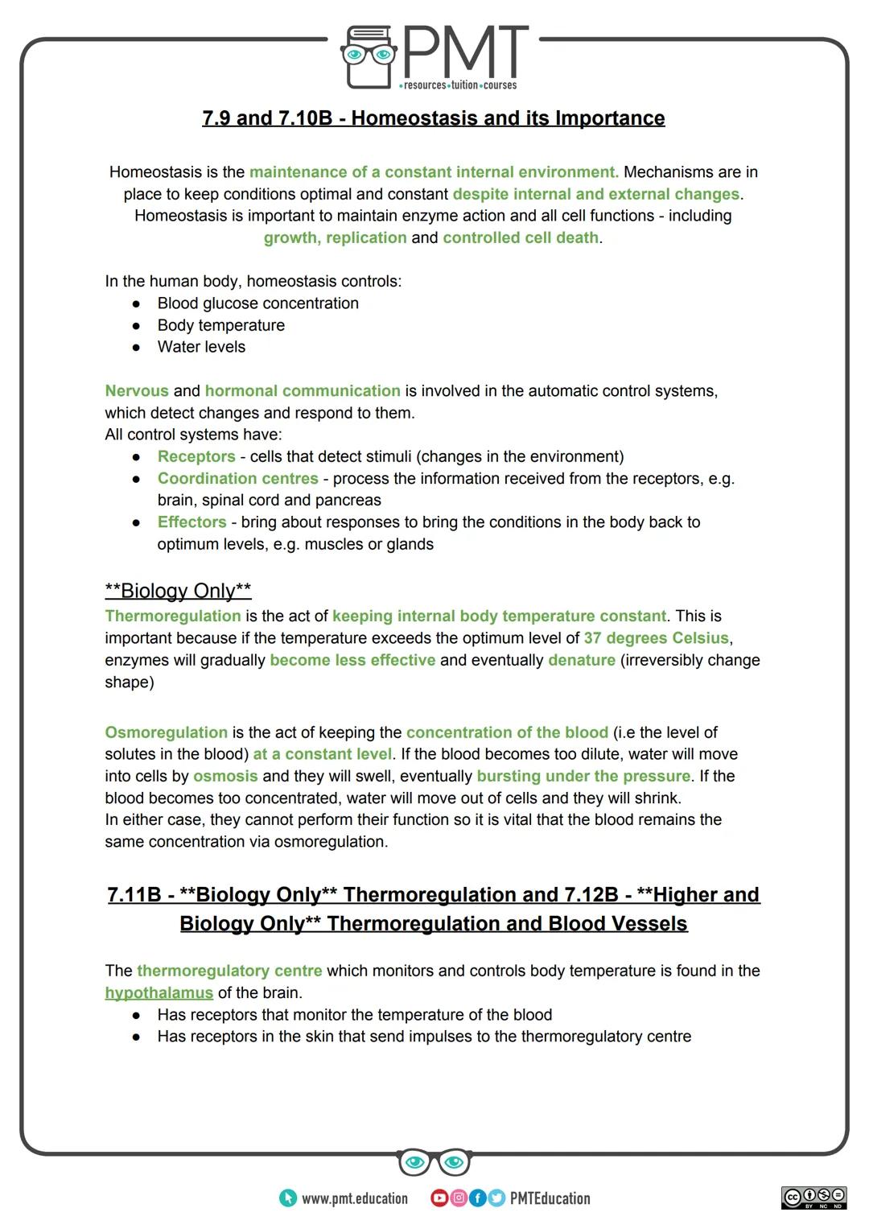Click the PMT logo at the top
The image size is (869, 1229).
pyautogui.click(x=434, y=56)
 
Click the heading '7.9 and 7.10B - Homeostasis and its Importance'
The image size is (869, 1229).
pyautogui.click(x=433, y=118)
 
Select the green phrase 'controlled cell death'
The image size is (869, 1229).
pyautogui.click(x=520, y=238)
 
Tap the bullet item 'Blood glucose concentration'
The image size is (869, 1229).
pyautogui.click(x=257, y=303)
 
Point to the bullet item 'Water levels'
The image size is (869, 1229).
pyautogui.click(x=201, y=347)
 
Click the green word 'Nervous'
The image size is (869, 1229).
pyautogui.click(x=137, y=391)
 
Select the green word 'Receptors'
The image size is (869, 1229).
pyautogui.click(x=196, y=456)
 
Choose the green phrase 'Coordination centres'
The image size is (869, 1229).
pyautogui.click(x=237, y=479)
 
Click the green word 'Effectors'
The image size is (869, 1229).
pyautogui.click(x=192, y=522)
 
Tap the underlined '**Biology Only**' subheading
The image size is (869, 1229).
pyautogui.click(x=178, y=591)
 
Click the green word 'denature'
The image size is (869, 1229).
pyautogui.click(x=581, y=660)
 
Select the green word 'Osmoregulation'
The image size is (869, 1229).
pyautogui.click(x=166, y=732)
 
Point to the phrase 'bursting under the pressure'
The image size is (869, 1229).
pyautogui.click(x=583, y=777)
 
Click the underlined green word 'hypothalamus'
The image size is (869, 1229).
pyautogui.click(x=159, y=993)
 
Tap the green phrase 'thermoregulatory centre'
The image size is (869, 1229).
pyautogui.click(x=229, y=971)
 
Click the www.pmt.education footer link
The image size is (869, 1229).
pyautogui.click(x=344, y=1198)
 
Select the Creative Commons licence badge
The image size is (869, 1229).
pyautogui.click(x=813, y=1198)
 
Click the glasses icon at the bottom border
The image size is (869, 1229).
pyautogui.click(x=434, y=1162)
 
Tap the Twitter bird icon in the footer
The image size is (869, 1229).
pyautogui.click(x=496, y=1198)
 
